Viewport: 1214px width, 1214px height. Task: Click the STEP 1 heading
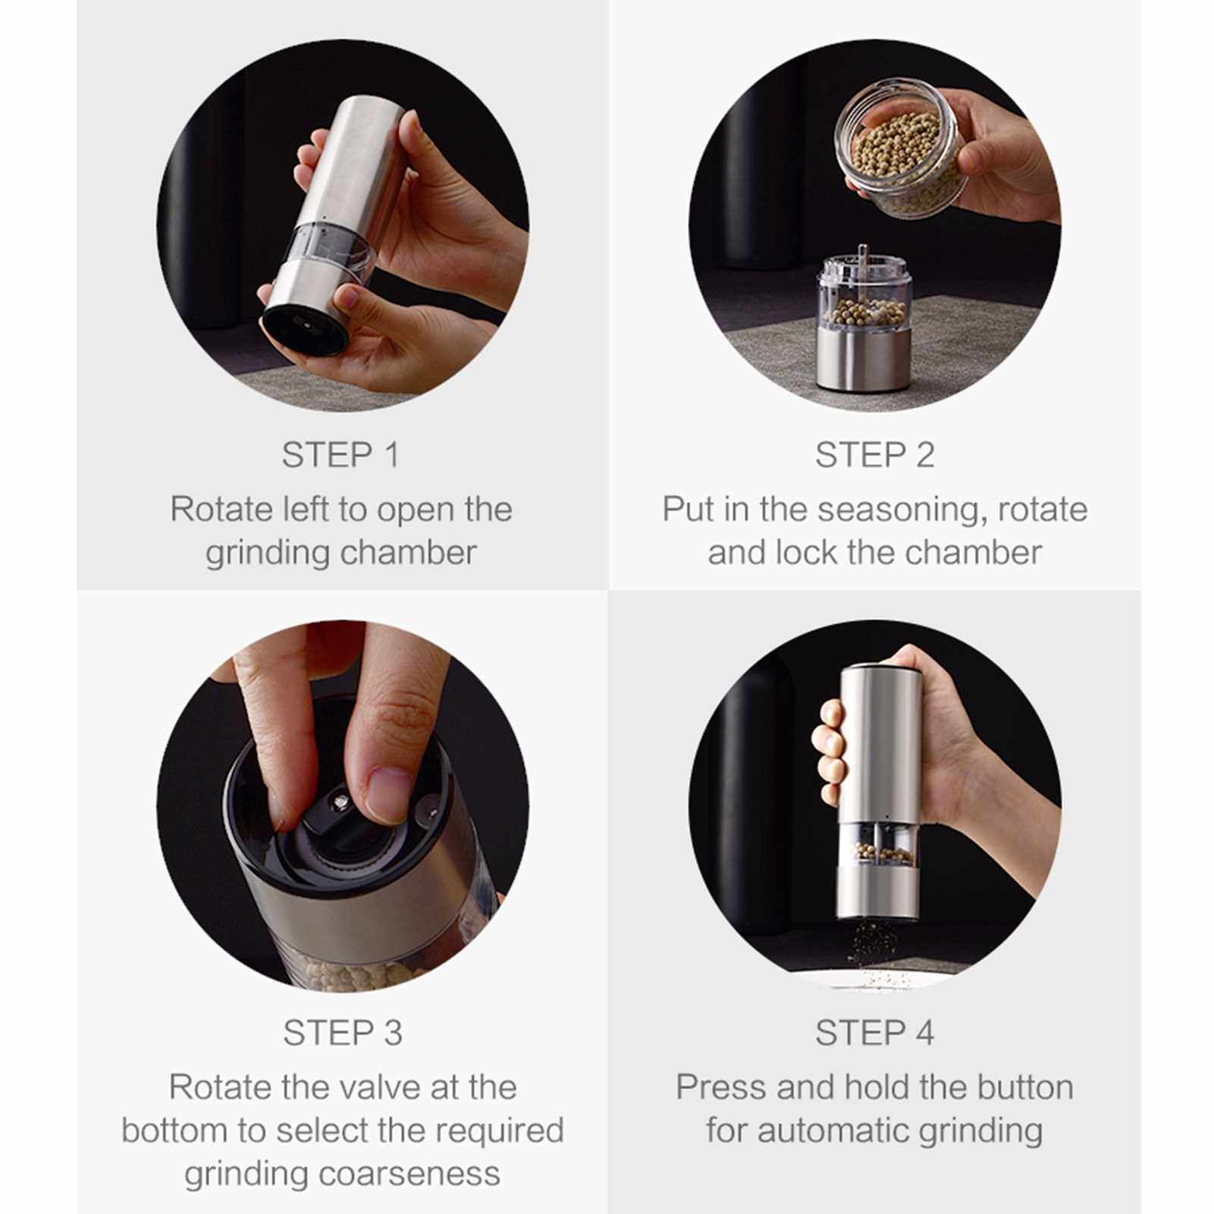pyautogui.click(x=340, y=455)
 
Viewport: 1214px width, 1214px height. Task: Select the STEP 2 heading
pyautogui.click(x=875, y=455)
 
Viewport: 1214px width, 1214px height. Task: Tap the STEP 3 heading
pyautogui.click(x=343, y=1033)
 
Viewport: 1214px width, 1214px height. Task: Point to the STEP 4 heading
pyautogui.click(x=875, y=1033)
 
